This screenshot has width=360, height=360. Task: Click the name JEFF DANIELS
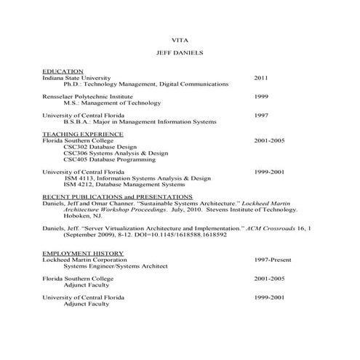click(x=180, y=53)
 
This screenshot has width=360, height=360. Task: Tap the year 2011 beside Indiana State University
click(x=261, y=77)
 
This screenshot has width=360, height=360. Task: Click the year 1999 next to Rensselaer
click(x=261, y=96)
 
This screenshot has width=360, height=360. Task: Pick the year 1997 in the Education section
click(x=261, y=116)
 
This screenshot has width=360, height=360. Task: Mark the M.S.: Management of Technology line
click(x=116, y=103)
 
